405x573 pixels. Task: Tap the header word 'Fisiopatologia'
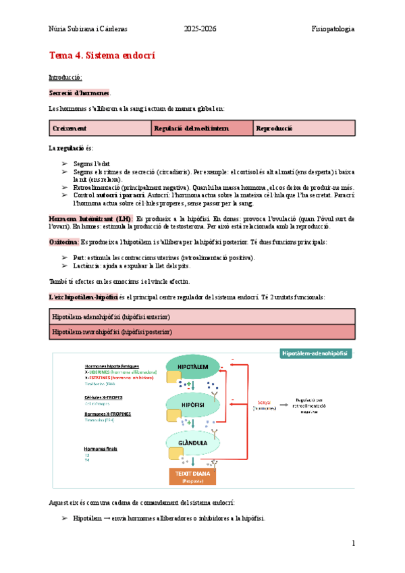(x=333, y=29)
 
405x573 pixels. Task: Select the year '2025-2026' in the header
(x=202, y=29)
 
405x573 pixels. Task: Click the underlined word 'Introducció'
(x=65, y=77)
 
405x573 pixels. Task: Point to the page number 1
(x=353, y=544)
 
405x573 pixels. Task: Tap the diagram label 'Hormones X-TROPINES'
(x=108, y=414)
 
